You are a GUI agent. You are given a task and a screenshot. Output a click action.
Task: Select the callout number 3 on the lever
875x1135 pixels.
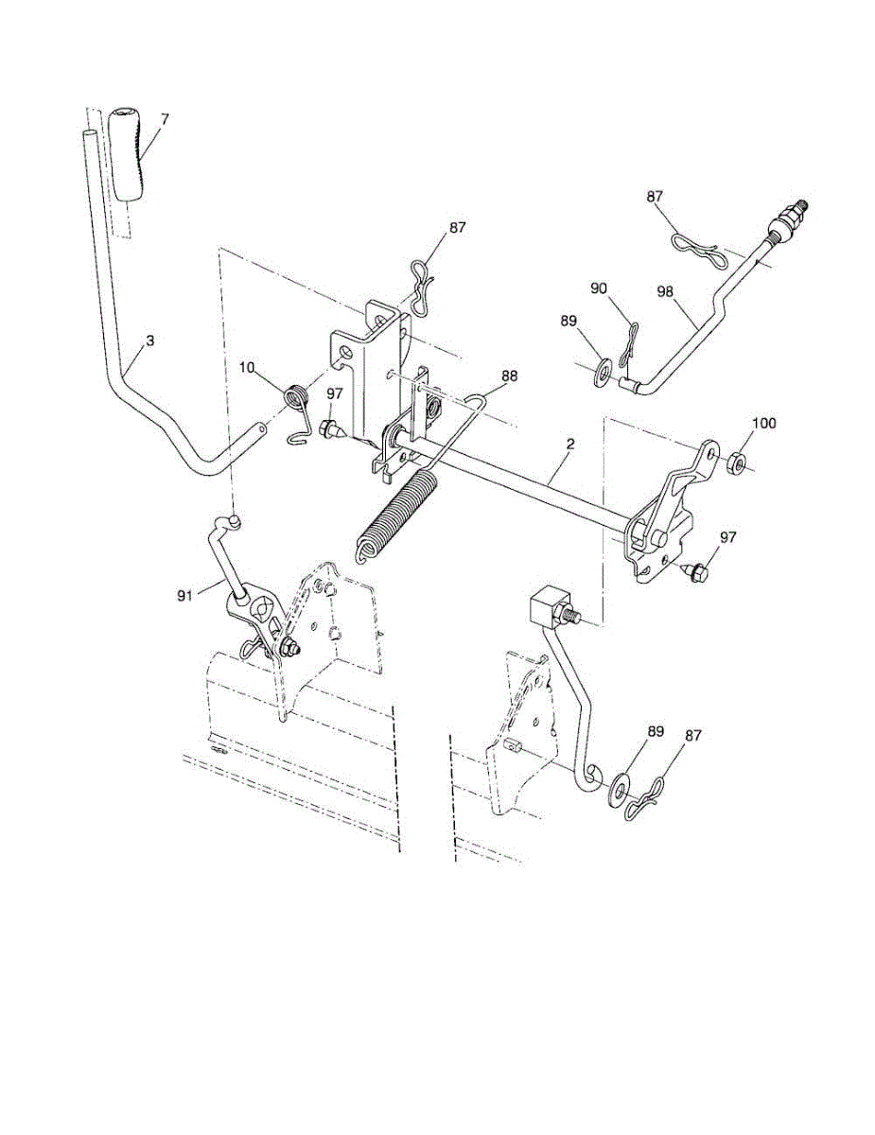tap(149, 340)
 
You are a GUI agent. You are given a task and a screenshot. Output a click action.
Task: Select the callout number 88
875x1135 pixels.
tap(510, 376)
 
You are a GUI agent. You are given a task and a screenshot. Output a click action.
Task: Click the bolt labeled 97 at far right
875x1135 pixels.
tap(694, 570)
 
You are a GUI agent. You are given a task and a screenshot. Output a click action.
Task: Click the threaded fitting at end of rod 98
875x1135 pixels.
tap(787, 228)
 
